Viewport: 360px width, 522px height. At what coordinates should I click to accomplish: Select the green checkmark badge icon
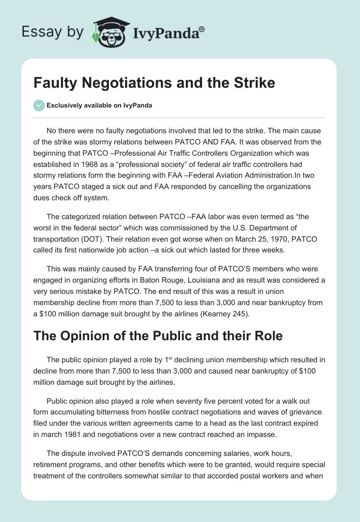point(39,105)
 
